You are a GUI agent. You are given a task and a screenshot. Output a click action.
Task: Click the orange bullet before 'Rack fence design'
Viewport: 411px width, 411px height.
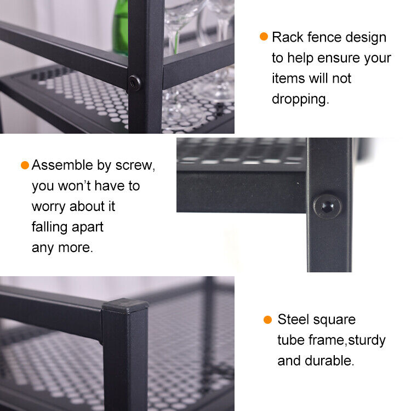(x=264, y=36)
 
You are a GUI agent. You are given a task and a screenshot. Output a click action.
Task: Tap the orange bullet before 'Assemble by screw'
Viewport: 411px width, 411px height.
(x=25, y=165)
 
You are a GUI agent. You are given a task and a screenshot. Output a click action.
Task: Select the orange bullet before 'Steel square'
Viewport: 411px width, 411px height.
(x=267, y=319)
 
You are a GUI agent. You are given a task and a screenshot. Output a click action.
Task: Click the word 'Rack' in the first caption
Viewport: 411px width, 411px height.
(x=288, y=37)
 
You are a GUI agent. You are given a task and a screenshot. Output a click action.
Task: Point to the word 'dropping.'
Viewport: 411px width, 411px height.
(x=300, y=99)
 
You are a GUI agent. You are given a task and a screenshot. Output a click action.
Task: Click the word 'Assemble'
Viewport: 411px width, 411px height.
(x=62, y=165)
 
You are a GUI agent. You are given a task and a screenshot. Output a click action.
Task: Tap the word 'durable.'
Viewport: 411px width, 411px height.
(x=329, y=361)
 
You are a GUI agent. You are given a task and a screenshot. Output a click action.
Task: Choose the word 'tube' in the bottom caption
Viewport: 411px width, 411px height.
(x=290, y=340)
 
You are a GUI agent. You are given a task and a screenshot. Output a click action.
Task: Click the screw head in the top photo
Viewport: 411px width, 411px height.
(x=135, y=83)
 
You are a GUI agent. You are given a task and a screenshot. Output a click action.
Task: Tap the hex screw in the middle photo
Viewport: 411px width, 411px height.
(x=328, y=207)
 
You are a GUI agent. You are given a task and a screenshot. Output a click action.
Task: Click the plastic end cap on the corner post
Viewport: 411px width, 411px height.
(x=125, y=306)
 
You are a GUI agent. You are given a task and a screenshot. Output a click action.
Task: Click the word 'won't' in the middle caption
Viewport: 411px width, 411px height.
(x=74, y=186)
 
